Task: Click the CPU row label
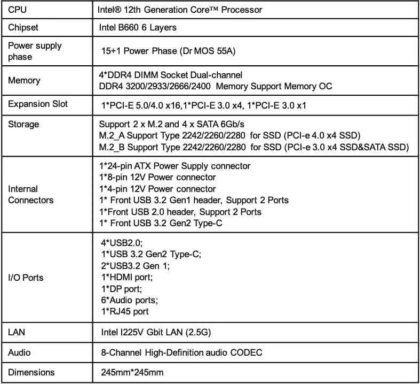18,10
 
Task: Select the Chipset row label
23,27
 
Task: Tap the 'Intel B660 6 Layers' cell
138,27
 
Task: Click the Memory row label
24,80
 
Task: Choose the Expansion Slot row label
38,104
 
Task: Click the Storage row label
23,124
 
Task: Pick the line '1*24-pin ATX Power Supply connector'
175,166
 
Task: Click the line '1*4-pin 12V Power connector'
158,189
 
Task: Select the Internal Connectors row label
31,195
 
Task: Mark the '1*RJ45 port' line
125,311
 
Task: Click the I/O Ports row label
26,278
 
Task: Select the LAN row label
17,333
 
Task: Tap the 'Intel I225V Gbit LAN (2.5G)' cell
156,333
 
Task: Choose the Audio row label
19,352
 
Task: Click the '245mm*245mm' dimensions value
132,372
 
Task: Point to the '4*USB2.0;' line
122,242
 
